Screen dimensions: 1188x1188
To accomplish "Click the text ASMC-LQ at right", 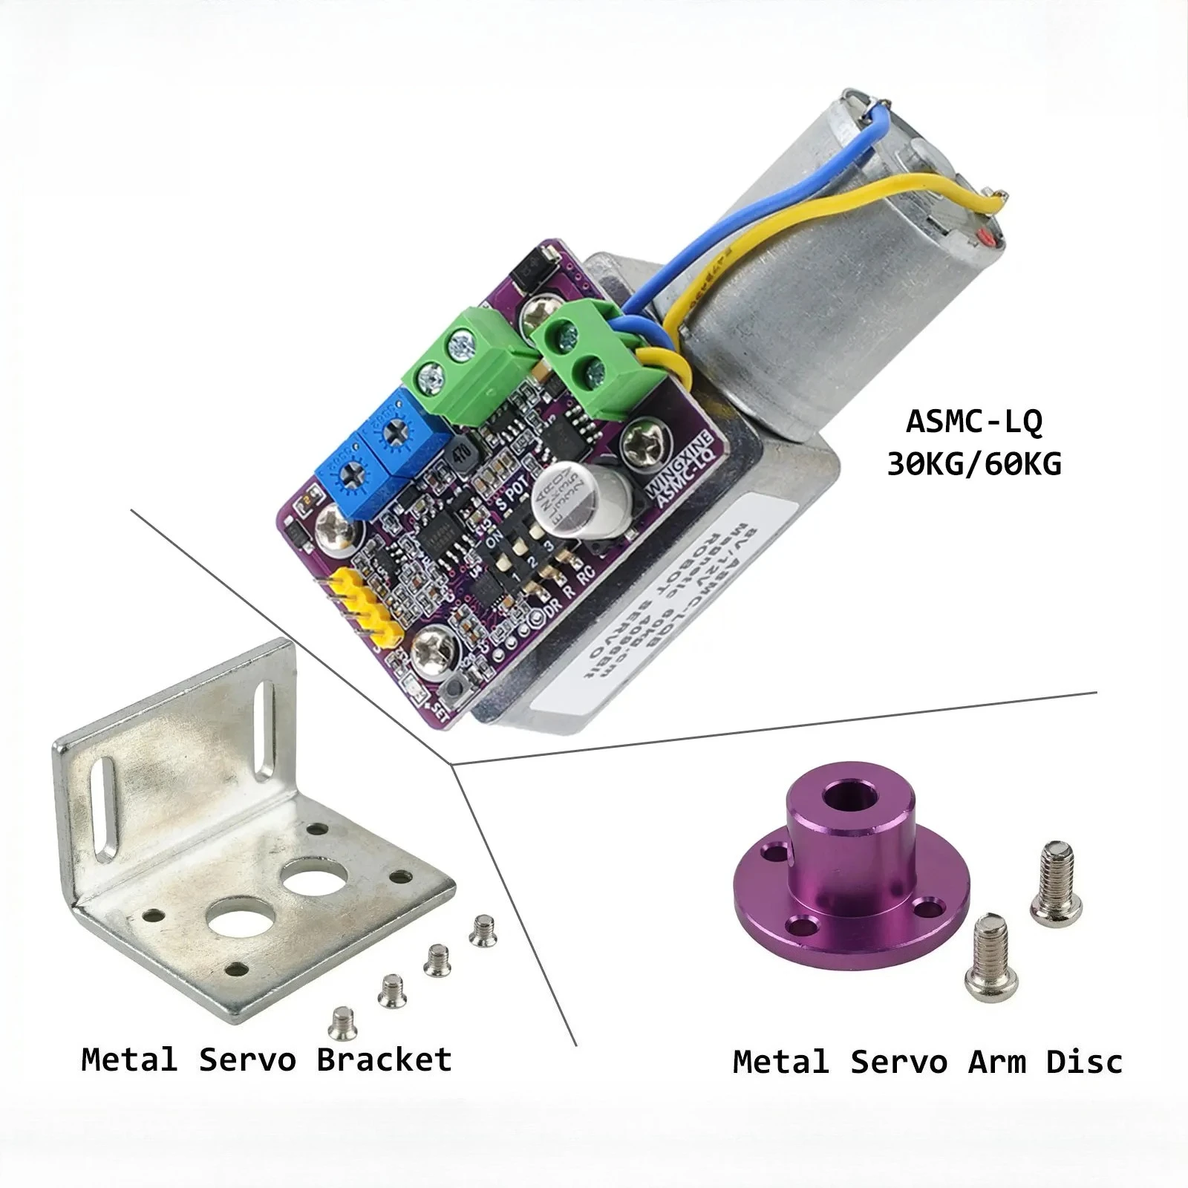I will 973,421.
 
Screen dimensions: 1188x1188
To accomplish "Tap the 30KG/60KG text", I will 973,464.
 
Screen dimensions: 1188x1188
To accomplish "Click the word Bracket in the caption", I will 384,1059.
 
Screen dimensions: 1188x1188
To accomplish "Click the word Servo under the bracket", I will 247,1059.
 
